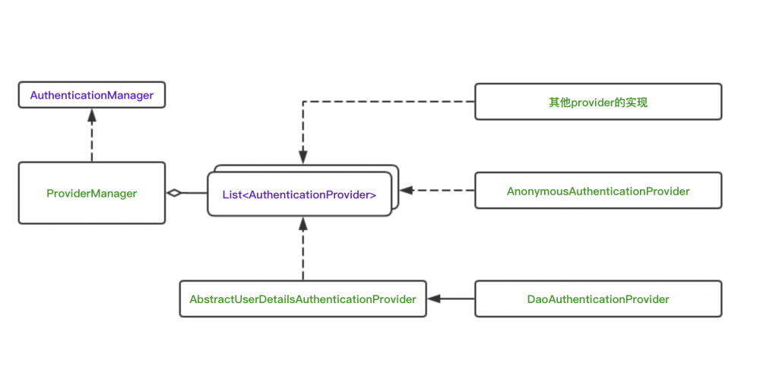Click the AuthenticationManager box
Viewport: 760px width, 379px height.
click(91, 96)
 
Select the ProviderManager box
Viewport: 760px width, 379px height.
click(91, 193)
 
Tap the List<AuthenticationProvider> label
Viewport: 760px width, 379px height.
click(299, 194)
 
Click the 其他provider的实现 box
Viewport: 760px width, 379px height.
click(598, 102)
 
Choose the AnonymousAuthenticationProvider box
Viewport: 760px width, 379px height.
click(598, 191)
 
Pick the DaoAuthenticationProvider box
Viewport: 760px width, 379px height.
click(598, 299)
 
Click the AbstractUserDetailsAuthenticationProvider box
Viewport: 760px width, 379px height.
click(302, 299)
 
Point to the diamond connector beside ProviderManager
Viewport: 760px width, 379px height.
click(175, 193)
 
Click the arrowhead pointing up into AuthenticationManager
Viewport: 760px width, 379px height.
click(91, 115)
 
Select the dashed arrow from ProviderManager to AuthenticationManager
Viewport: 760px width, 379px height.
click(91, 141)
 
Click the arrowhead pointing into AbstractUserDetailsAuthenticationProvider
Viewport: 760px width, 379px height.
click(433, 299)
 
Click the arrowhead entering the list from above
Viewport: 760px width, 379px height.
click(302, 157)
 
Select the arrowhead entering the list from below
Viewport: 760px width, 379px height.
click(302, 223)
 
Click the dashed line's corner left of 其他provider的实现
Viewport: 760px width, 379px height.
click(302, 102)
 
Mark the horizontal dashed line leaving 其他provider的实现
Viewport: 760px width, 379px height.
click(388, 102)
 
